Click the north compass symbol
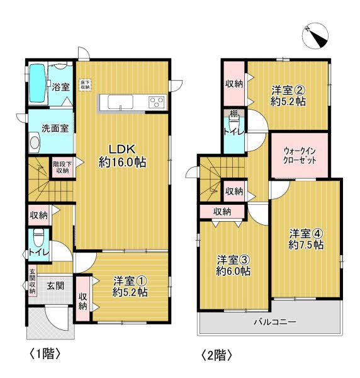click(315, 36)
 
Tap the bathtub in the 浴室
click(38, 83)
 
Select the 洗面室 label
click(55, 129)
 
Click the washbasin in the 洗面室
click(35, 142)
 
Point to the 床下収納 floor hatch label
click(85, 85)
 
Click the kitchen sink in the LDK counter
click(120, 102)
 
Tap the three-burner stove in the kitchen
click(157, 101)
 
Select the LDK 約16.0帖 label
click(122, 156)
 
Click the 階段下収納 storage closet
click(62, 168)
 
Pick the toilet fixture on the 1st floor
click(38, 237)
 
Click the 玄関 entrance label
click(55, 286)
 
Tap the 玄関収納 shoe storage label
click(32, 281)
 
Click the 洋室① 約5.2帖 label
click(130, 287)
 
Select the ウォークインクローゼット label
click(300, 156)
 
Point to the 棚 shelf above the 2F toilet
click(233, 113)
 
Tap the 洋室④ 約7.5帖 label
click(306, 239)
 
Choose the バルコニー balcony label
click(275, 321)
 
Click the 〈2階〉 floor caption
click(217, 355)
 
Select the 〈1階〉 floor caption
click(45, 353)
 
